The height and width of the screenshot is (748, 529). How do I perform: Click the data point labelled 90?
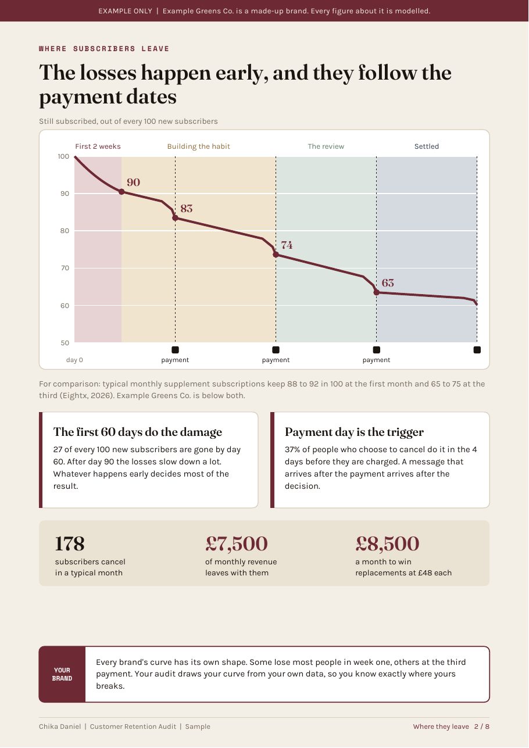121,192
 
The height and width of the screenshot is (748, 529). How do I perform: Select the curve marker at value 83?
176,218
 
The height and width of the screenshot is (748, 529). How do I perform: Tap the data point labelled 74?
276,255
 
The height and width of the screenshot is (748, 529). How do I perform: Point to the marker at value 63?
376,292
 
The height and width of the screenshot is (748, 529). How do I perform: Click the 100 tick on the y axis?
63,156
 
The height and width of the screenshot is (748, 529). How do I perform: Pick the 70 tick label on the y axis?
65,268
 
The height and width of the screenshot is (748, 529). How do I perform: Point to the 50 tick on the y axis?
65,342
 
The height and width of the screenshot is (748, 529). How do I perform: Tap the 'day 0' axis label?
74,360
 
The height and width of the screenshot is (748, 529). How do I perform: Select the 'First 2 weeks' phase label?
98,146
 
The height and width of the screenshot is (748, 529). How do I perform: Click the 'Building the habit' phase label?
198,146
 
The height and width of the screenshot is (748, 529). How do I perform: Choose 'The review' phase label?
326,146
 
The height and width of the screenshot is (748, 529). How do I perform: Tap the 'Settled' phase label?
427,146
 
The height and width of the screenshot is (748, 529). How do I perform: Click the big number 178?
70,543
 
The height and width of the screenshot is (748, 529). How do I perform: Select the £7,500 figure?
237,543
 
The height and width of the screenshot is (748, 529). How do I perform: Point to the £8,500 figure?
387,543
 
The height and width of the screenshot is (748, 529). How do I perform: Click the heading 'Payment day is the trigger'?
354,432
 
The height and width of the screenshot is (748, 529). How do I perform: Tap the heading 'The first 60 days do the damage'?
138,432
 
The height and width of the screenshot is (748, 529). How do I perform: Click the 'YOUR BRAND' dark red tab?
62,674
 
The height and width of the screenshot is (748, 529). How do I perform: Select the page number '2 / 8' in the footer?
482,726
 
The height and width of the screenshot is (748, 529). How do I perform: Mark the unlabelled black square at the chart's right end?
477,350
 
